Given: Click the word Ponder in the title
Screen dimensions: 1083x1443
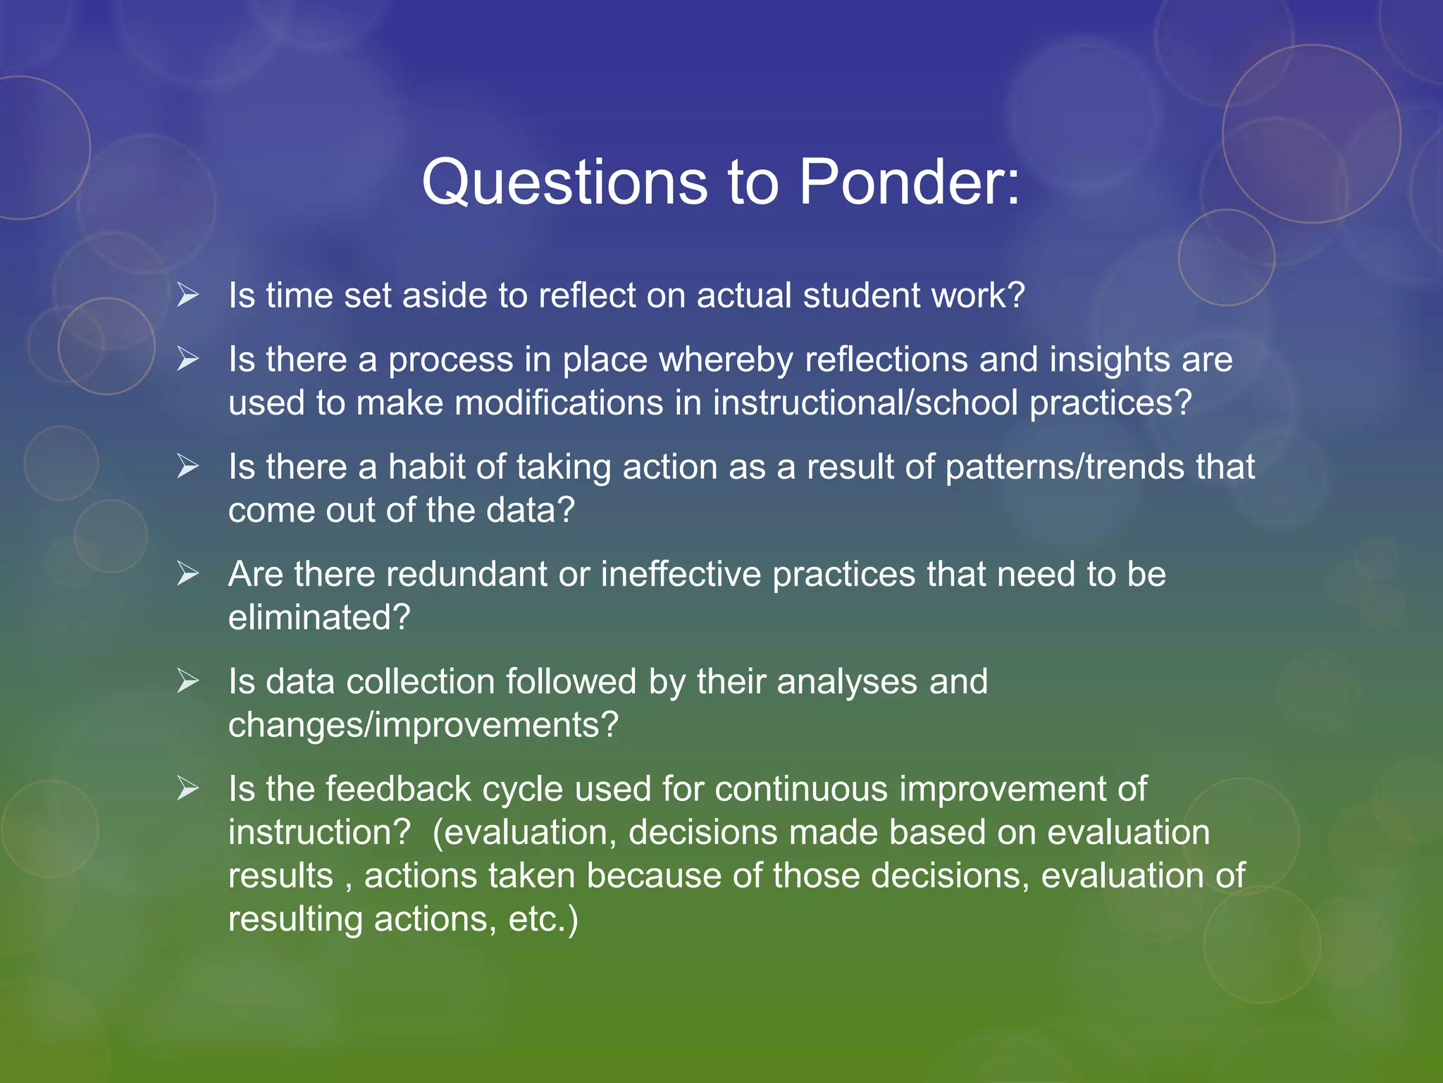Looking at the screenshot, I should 909,182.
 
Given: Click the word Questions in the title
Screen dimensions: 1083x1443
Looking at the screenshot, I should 564,182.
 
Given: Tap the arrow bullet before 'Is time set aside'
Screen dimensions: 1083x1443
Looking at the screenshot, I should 188,294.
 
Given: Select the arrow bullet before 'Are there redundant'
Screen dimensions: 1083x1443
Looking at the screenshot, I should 188,573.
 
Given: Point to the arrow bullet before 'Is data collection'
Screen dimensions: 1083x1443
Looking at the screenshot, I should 188,681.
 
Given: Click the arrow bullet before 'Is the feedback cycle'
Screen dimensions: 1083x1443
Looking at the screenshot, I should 188,788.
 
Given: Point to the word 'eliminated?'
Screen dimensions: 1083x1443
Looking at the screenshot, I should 319,618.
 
